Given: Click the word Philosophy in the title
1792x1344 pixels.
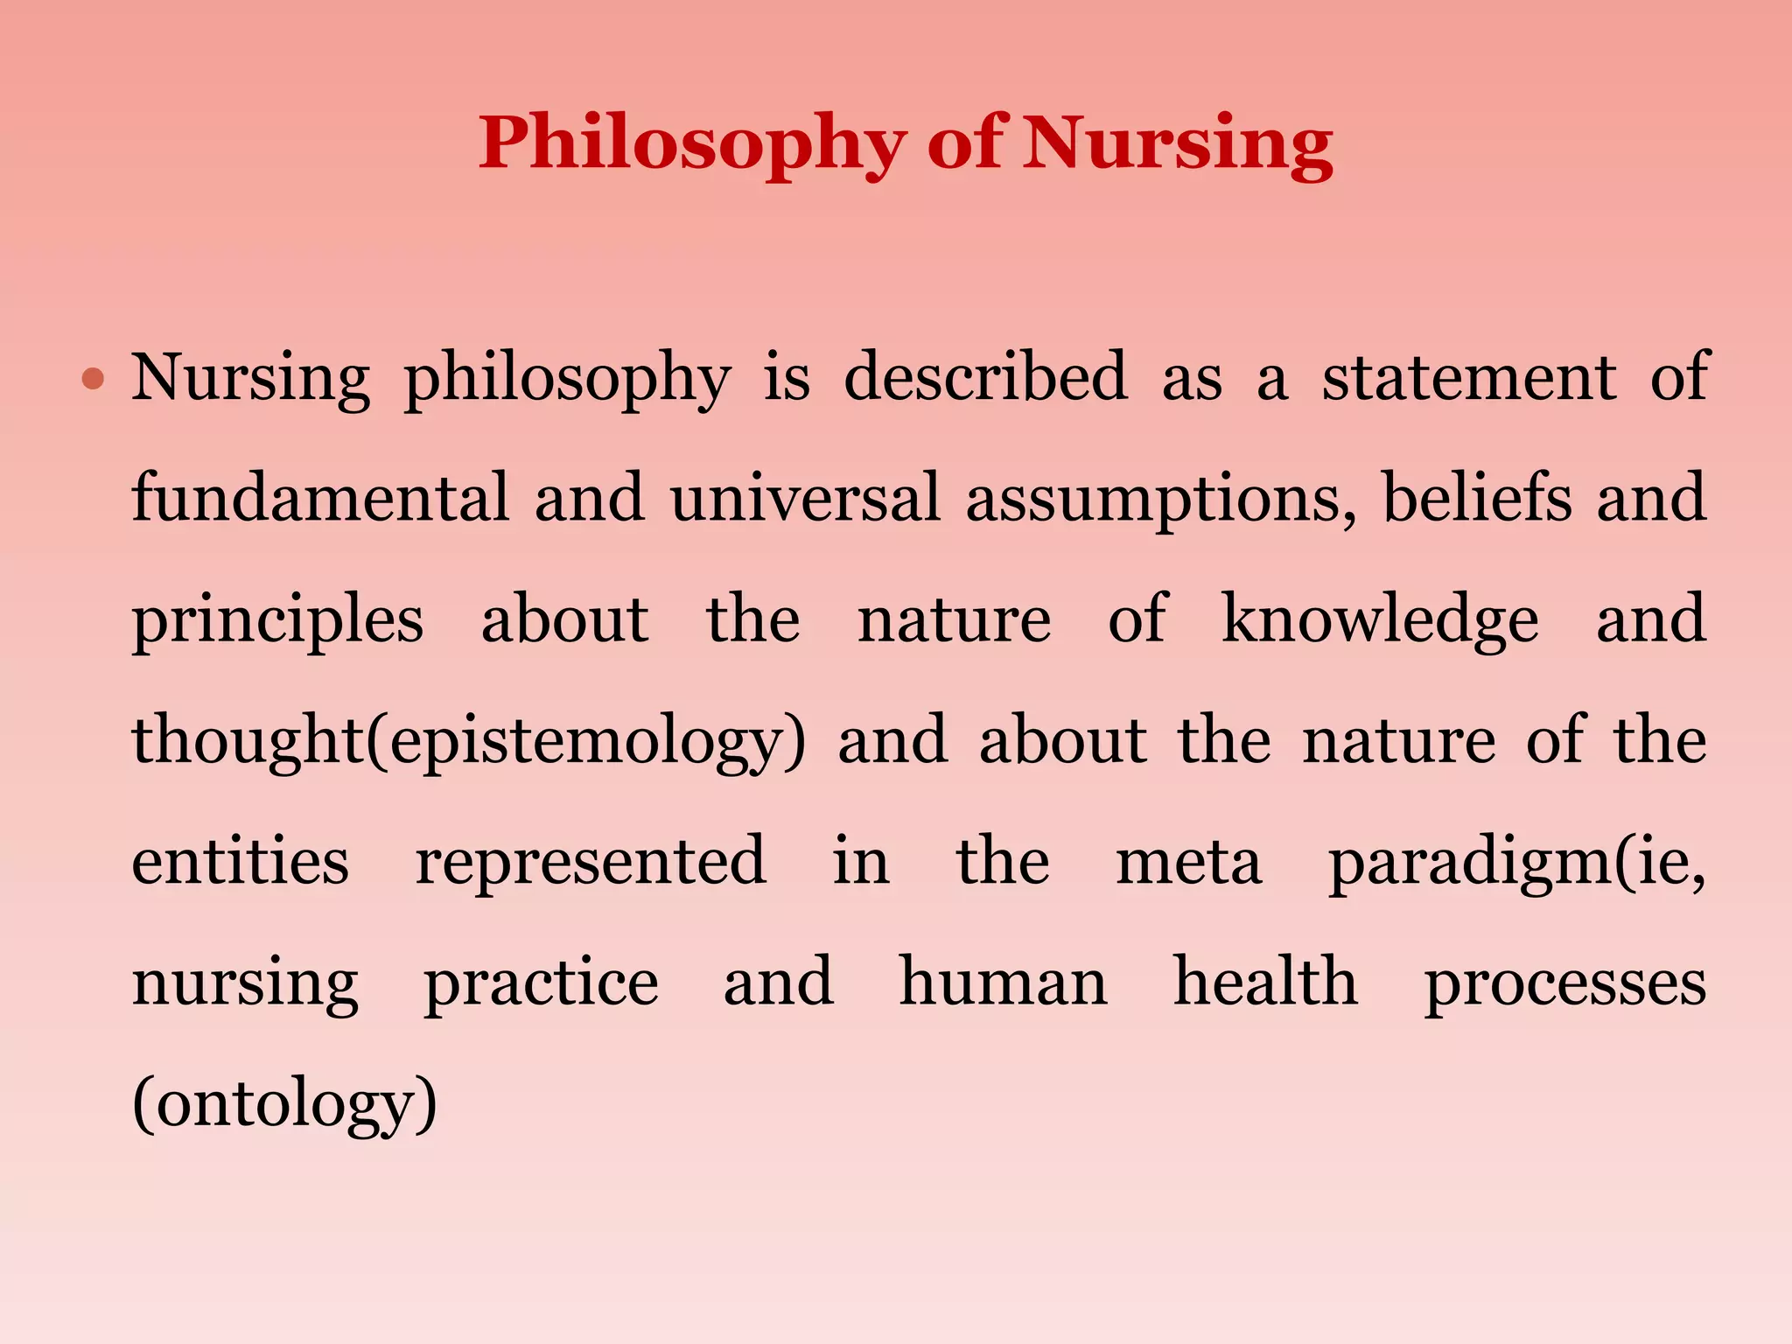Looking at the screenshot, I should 691,143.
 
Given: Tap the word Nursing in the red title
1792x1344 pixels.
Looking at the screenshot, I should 1178,143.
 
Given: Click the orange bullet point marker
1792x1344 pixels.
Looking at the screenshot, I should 93,380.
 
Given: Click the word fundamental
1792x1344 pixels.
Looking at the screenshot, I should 320,498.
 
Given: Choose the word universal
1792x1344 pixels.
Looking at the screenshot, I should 805,498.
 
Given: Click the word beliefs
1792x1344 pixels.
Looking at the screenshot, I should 1476,498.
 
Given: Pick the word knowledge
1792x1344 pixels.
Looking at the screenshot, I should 1380,619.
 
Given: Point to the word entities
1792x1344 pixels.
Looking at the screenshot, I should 241,861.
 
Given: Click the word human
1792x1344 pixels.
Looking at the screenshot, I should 1004,982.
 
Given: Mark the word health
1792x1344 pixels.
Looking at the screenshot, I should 1265,982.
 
